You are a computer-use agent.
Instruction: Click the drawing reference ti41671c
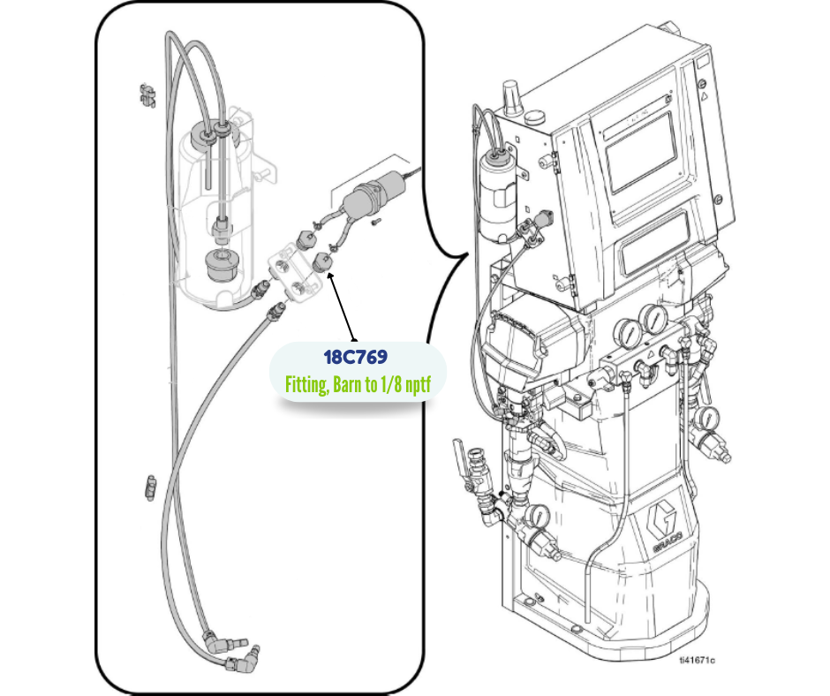697,659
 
